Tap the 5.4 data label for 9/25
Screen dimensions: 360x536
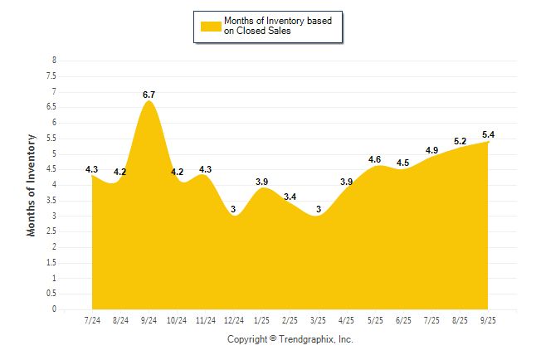(x=488, y=134)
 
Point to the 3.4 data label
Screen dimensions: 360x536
(x=290, y=197)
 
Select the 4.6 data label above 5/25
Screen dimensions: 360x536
(x=374, y=159)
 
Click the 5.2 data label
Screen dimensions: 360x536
(x=460, y=141)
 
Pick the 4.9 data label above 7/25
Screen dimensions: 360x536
(x=431, y=150)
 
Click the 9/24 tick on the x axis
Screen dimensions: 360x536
(x=149, y=319)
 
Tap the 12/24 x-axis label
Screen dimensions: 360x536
(x=234, y=319)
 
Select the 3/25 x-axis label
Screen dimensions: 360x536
(x=319, y=319)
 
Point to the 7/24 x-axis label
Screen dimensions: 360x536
(x=92, y=319)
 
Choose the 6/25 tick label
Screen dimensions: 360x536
(x=403, y=319)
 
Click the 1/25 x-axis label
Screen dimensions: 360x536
(x=262, y=319)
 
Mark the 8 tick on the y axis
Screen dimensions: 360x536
(x=54, y=61)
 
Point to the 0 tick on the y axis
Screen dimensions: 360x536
(x=54, y=309)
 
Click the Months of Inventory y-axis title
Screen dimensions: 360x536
(x=32, y=185)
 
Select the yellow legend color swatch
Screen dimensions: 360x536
(x=211, y=26)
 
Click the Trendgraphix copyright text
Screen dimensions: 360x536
(x=290, y=339)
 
